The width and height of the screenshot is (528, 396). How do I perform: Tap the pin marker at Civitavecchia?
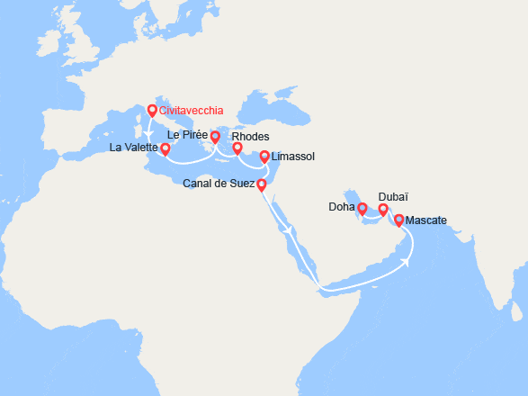tap(152, 111)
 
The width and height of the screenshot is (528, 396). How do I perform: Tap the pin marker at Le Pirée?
tap(216, 138)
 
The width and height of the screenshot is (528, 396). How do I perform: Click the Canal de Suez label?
tap(218, 185)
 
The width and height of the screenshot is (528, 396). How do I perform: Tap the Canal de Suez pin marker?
tap(261, 185)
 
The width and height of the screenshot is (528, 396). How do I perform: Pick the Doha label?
tap(343, 208)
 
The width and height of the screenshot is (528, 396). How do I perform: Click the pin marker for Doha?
tap(362, 209)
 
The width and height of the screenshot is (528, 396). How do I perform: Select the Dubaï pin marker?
tap(383, 211)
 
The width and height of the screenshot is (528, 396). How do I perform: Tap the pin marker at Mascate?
tap(399, 220)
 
